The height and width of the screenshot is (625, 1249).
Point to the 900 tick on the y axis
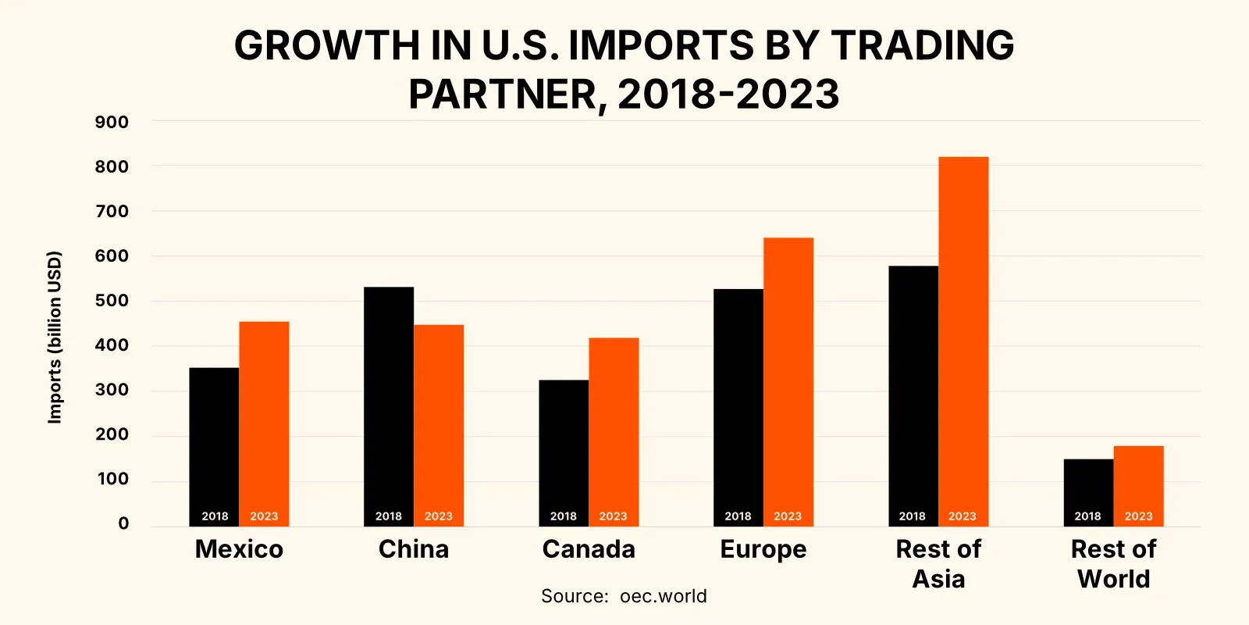pyautogui.click(x=112, y=122)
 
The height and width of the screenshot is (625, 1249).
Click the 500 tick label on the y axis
pyautogui.click(x=112, y=301)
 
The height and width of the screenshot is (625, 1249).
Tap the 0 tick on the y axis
pyautogui.click(x=123, y=523)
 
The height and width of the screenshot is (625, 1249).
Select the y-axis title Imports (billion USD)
pyautogui.click(x=54, y=337)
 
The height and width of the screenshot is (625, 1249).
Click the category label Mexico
pyautogui.click(x=239, y=549)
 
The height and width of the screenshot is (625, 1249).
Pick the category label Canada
pyautogui.click(x=589, y=549)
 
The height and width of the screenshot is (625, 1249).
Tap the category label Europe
pyautogui.click(x=763, y=550)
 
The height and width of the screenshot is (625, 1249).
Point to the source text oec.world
pyautogui.click(x=663, y=596)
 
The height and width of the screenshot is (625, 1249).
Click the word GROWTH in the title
pyautogui.click(x=327, y=45)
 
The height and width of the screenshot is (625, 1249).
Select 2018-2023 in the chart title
pyautogui.click(x=728, y=95)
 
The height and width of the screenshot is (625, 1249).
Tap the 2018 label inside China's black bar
pyautogui.click(x=389, y=516)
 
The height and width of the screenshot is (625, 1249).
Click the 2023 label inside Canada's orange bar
pyautogui.click(x=613, y=516)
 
